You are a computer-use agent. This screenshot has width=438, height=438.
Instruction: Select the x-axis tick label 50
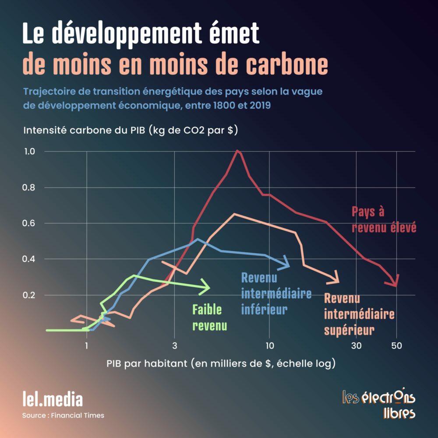coord(396,346)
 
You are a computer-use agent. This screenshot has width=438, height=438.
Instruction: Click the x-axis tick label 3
coord(174,346)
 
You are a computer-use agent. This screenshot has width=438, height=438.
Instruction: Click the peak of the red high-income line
coord(237,151)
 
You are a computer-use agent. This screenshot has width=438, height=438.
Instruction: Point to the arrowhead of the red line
coord(396,282)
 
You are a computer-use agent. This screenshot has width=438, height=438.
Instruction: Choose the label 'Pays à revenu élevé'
coord(383,219)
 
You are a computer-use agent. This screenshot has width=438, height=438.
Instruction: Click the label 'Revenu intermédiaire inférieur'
coord(276,293)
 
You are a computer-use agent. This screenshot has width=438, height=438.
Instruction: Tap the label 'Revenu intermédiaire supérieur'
coord(359,314)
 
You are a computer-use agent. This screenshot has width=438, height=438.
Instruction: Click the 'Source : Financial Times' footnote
coord(63,415)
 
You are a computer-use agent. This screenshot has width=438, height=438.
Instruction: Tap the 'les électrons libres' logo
coord(378,403)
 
